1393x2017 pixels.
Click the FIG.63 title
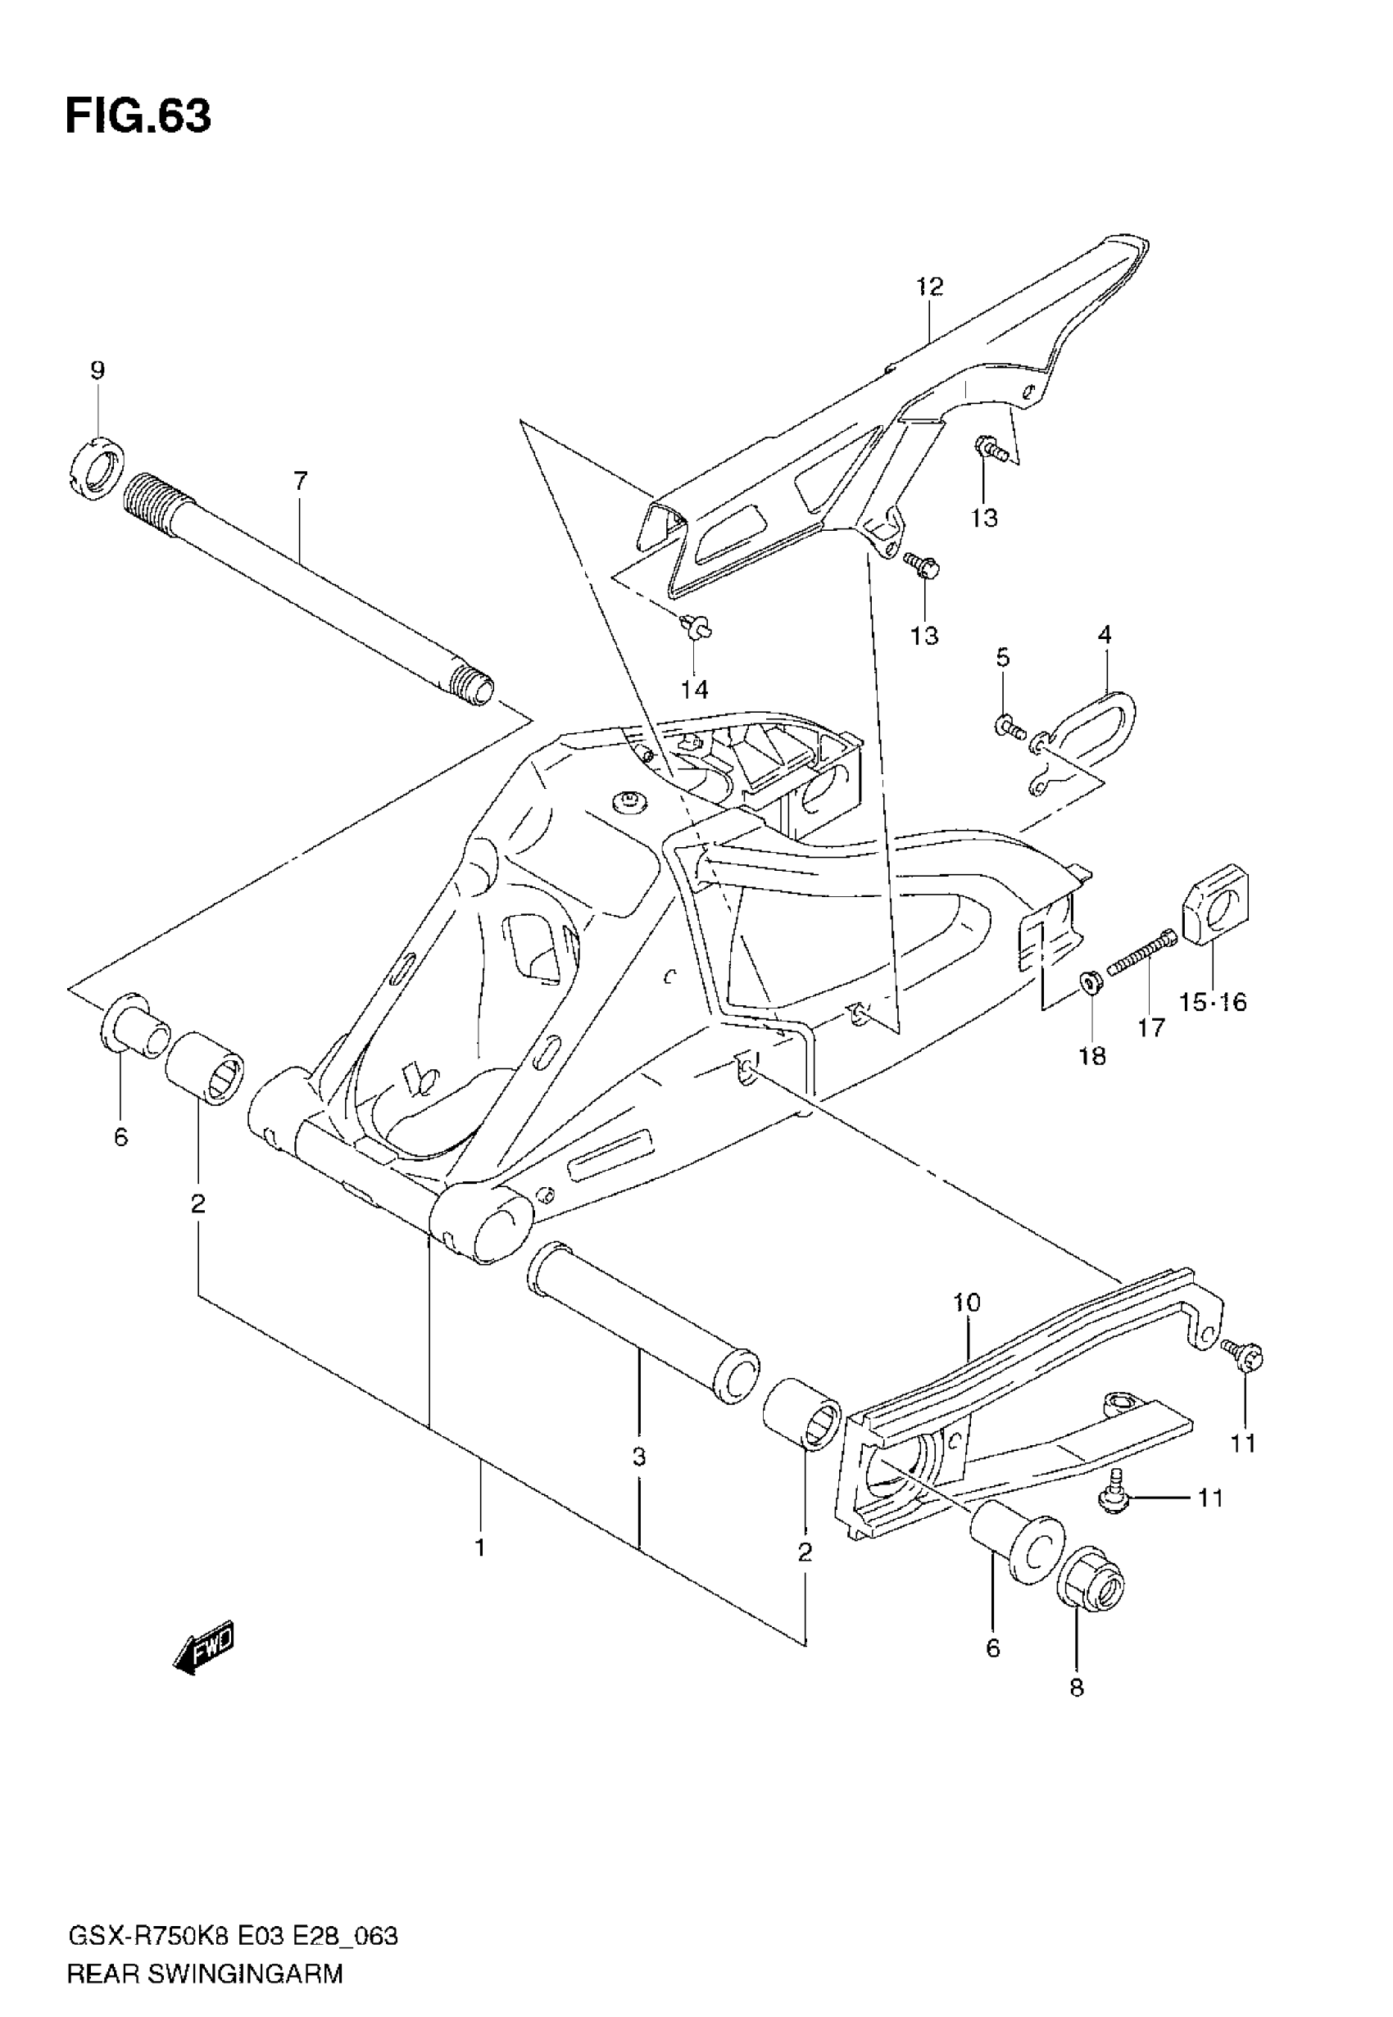[138, 116]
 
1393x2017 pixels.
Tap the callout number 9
[97, 370]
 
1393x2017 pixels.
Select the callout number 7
[300, 480]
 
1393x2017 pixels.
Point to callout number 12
[929, 286]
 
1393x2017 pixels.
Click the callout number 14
[695, 689]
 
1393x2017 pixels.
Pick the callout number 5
[1003, 658]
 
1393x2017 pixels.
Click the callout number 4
[1105, 635]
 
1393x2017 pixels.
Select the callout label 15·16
[1214, 1003]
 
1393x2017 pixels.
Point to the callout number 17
[1151, 1028]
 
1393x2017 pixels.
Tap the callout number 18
[1092, 1057]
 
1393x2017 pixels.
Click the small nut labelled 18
[1090, 981]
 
